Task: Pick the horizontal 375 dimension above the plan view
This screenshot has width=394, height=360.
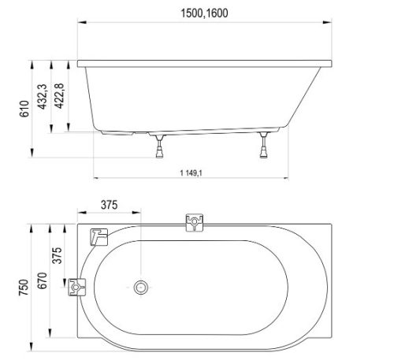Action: (x=110, y=206)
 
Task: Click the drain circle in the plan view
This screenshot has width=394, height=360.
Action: (x=143, y=288)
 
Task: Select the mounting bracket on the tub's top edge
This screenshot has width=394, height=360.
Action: (x=192, y=224)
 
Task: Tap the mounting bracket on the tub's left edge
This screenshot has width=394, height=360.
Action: (x=77, y=288)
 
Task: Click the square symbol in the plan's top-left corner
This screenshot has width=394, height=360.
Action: (x=98, y=236)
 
